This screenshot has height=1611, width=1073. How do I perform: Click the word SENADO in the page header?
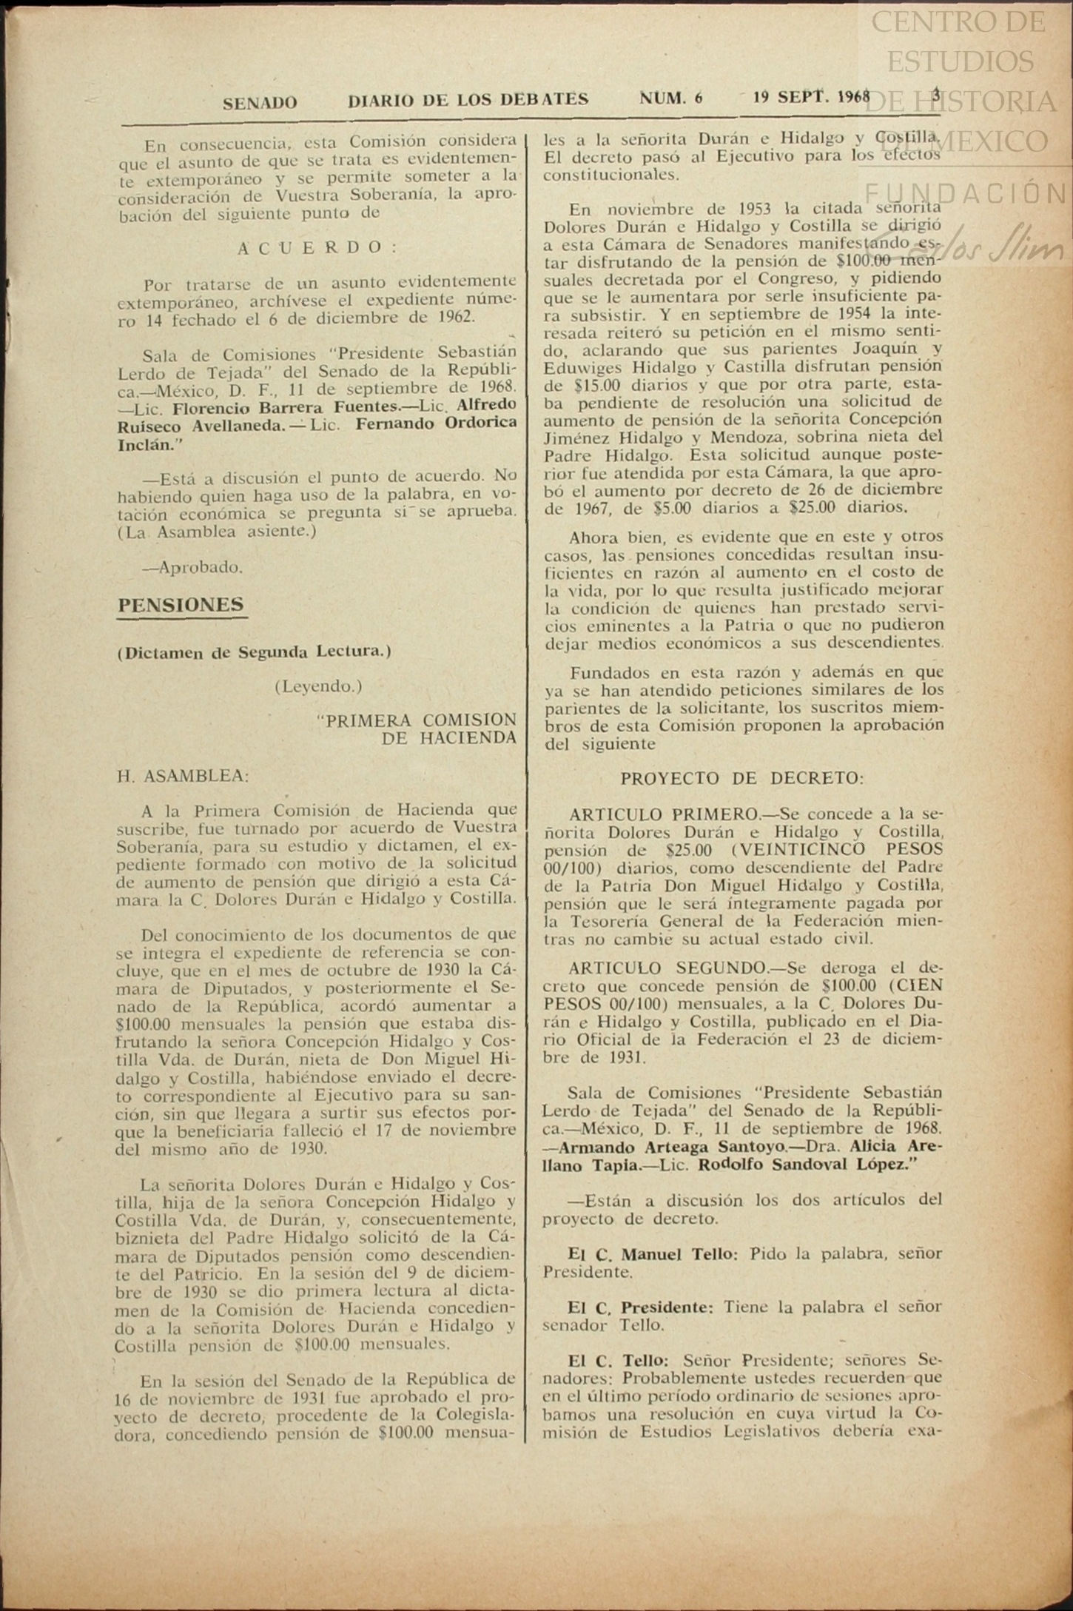[x=260, y=103]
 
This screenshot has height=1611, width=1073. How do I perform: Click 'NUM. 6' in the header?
[x=671, y=99]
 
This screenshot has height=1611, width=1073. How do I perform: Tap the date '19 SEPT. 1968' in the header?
[x=811, y=98]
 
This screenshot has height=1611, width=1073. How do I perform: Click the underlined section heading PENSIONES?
[x=181, y=605]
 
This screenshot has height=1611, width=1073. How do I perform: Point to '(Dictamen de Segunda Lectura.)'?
[x=254, y=652]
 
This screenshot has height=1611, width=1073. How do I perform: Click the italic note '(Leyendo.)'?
[x=318, y=686]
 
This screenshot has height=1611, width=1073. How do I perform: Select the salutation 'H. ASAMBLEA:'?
[x=183, y=776]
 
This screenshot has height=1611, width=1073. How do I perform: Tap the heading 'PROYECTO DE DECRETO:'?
[x=741, y=778]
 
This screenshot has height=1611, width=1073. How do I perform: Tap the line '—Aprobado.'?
[x=192, y=568]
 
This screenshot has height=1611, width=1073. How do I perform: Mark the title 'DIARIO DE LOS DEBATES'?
[x=468, y=100]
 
